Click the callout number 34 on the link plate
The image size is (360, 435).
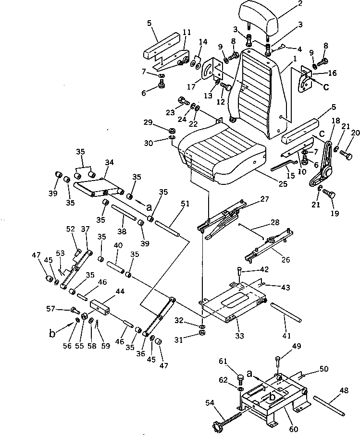108,162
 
